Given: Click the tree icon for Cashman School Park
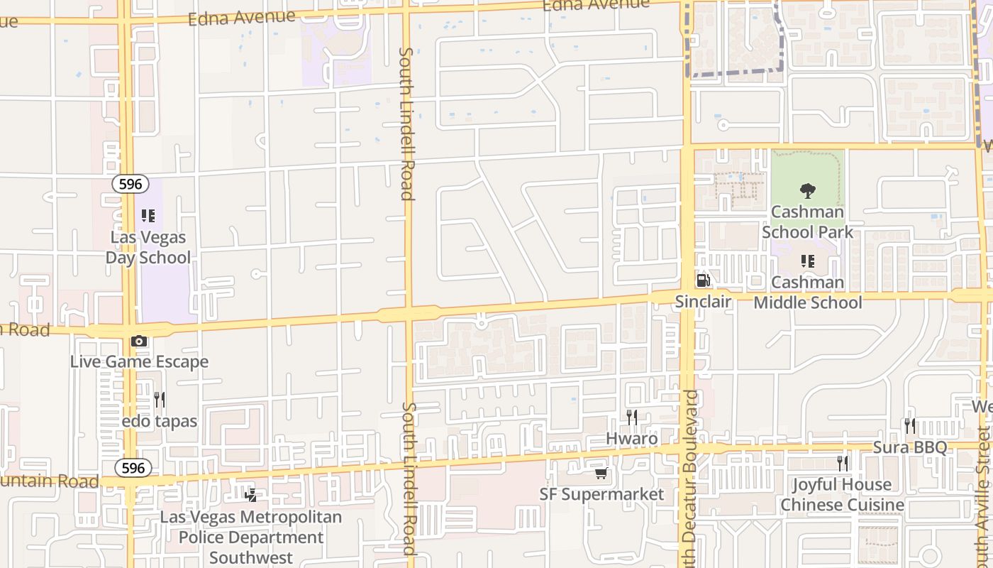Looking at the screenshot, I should pyautogui.click(x=807, y=190).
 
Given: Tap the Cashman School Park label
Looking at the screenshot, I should pyautogui.click(x=807, y=222).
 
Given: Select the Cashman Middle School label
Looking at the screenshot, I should pyautogui.click(x=807, y=292).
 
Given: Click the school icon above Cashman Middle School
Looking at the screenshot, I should pyautogui.click(x=807, y=261).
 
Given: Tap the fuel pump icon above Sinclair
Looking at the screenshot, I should pyautogui.click(x=703, y=280).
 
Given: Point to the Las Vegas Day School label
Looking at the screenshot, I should pyautogui.click(x=148, y=247).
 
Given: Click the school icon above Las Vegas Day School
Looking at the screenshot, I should pyautogui.click(x=148, y=216).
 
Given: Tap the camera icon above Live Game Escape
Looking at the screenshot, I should pyautogui.click(x=139, y=342).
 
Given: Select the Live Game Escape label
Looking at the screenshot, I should pyautogui.click(x=139, y=361).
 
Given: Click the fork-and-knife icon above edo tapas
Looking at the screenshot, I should pyautogui.click(x=160, y=400).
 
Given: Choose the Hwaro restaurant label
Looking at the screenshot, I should pyautogui.click(x=631, y=438).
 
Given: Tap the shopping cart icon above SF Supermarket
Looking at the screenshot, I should pyautogui.click(x=601, y=473).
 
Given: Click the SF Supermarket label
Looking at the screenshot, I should pyautogui.click(x=601, y=494).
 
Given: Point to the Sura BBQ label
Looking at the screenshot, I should pyautogui.click(x=909, y=447).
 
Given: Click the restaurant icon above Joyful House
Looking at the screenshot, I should pyautogui.click(x=842, y=464).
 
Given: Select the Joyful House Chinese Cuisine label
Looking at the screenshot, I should pyautogui.click(x=842, y=495).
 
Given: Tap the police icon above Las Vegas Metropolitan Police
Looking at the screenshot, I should pyautogui.click(x=250, y=496).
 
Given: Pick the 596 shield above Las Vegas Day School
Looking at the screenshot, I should pyautogui.click(x=131, y=185).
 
